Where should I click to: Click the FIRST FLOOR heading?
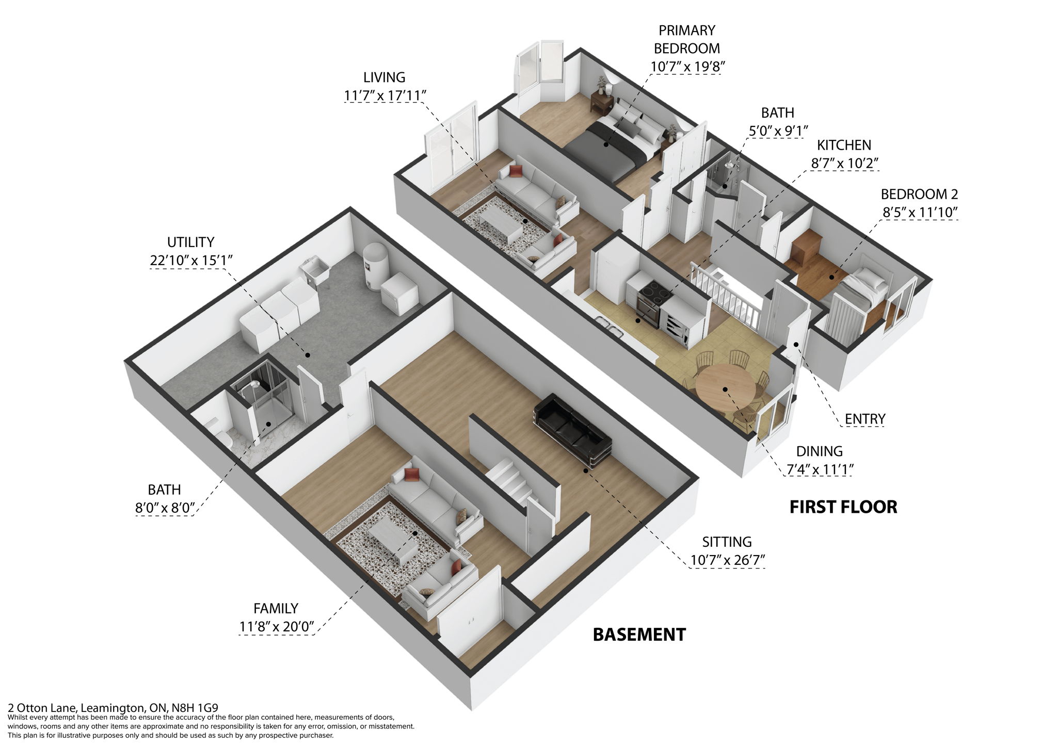[x=843, y=507]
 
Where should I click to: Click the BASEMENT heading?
[x=639, y=634]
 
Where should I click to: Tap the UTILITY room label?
[x=190, y=242]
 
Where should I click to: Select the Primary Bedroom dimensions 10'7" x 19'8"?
[x=687, y=67]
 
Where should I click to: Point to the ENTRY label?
[x=865, y=419]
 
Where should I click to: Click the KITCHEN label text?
[x=844, y=145]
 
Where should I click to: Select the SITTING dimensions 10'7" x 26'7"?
[x=727, y=560]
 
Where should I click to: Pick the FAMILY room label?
[x=276, y=608]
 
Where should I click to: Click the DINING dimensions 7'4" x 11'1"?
[x=819, y=469]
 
